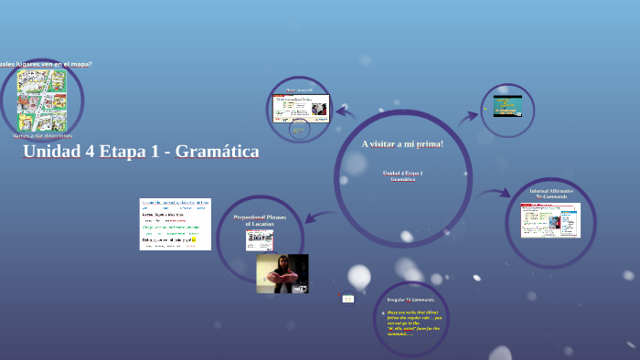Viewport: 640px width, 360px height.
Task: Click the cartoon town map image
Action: (42, 99)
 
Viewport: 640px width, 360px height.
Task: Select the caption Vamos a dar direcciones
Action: (43, 134)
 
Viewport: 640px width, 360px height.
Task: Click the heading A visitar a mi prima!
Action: (402, 144)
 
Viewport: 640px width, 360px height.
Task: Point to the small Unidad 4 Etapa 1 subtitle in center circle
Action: (402, 173)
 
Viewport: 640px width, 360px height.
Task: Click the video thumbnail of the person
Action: (282, 273)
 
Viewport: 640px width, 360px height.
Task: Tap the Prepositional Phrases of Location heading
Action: (261, 220)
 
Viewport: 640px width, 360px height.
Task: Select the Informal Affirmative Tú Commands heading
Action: (550, 193)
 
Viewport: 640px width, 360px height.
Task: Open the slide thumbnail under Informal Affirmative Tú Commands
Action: (550, 219)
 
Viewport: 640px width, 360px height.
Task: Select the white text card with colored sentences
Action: (175, 224)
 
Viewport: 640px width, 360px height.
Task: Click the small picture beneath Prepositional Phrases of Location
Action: (260, 240)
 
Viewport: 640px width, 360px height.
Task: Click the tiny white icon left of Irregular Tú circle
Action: (347, 298)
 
